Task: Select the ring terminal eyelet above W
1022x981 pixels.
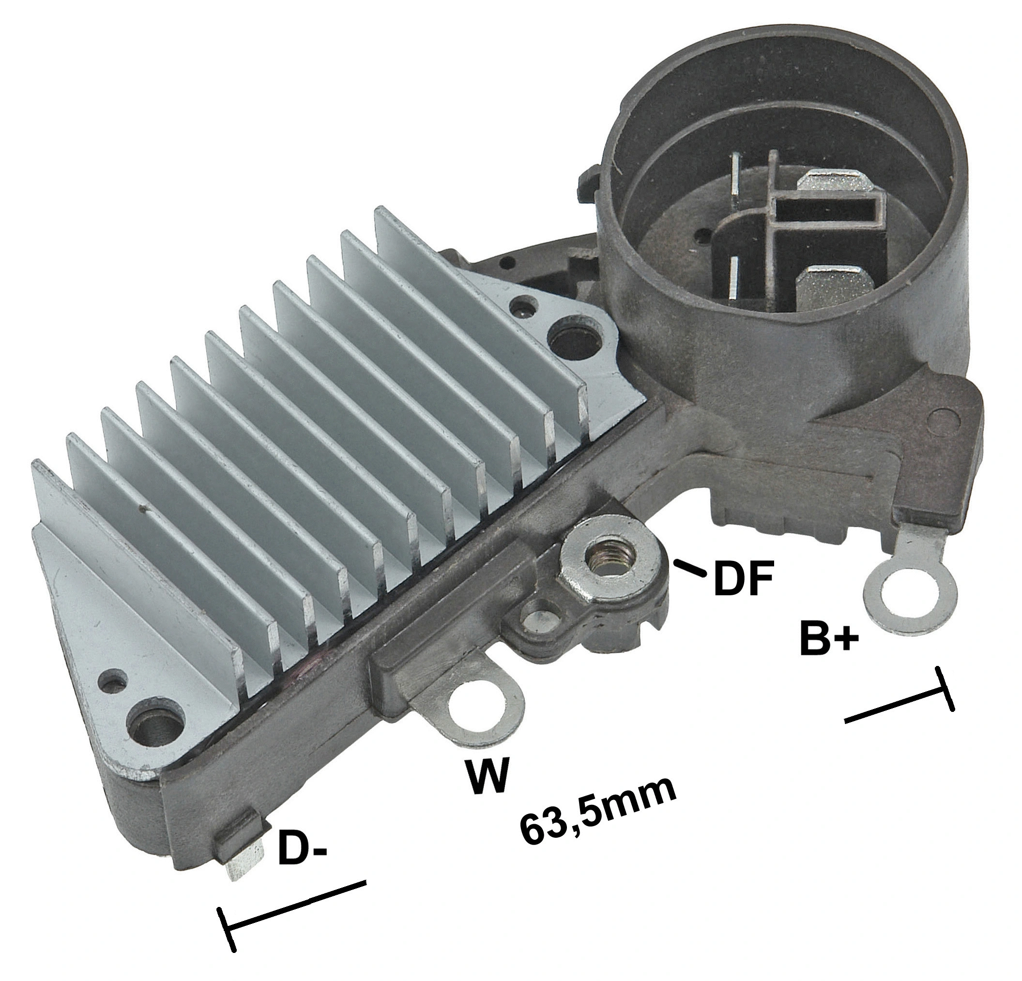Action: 479,708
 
